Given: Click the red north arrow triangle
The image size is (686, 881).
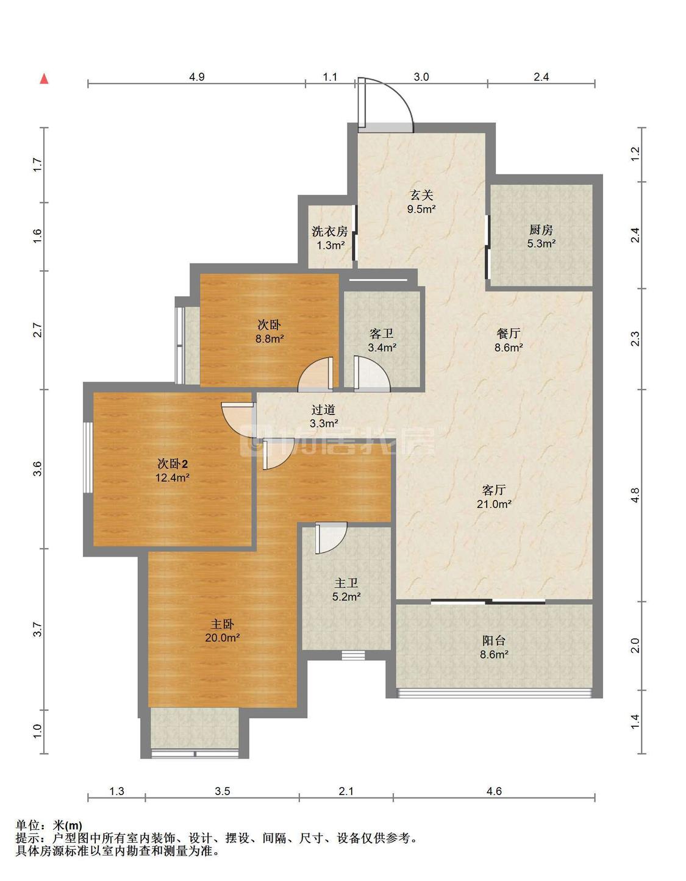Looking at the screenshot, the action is [44, 79].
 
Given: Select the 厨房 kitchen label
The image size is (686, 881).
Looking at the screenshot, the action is [541, 230].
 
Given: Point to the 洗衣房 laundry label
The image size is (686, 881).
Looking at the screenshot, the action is [330, 231].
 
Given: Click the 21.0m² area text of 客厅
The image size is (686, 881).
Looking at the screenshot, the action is [493, 504].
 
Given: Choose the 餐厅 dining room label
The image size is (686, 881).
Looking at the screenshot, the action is [509, 333].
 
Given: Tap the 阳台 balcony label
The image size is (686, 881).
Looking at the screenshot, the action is [494, 641].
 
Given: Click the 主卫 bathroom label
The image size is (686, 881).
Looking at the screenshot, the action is [346, 583].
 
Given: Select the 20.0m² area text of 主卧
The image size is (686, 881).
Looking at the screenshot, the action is [223, 638].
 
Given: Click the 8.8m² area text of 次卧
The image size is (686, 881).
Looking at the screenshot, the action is [269, 338].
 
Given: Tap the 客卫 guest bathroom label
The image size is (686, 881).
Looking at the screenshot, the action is [382, 333].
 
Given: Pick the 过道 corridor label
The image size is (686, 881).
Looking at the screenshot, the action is [324, 410].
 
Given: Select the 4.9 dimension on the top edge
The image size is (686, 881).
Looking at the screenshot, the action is [196, 77].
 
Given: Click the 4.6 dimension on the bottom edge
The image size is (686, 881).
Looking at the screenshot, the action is [495, 791].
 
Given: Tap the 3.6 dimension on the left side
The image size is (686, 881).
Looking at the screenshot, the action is [37, 469].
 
